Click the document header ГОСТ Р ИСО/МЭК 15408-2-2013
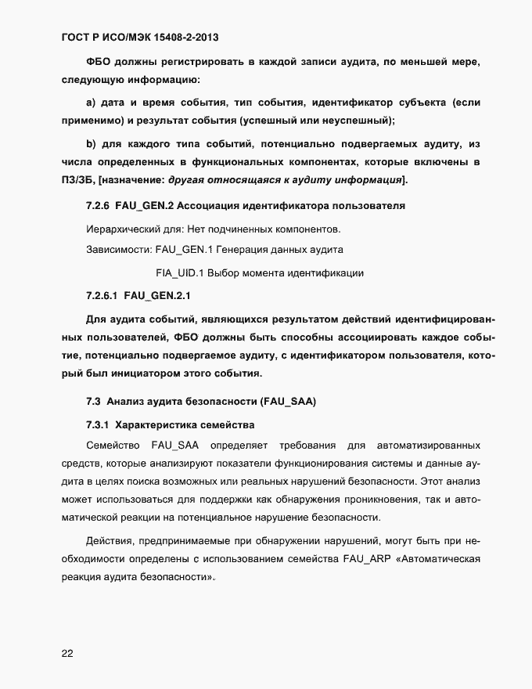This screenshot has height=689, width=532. click(145, 36)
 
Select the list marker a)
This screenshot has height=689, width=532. click(90, 103)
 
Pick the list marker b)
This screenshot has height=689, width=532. click(90, 144)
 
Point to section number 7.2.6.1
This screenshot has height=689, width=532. click(102, 296)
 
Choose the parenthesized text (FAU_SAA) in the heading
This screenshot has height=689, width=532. click(280, 402)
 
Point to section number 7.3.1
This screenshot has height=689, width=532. click(97, 425)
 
